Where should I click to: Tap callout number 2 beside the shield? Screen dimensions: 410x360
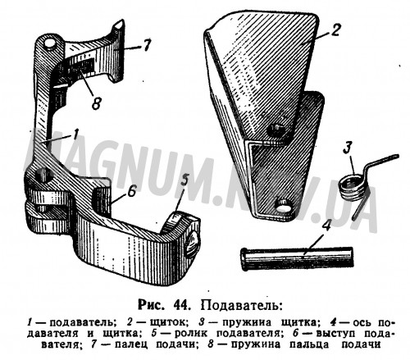pos(335,30)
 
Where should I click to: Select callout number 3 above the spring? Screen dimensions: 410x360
pos(347,148)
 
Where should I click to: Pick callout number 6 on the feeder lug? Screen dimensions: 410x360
pos(131,191)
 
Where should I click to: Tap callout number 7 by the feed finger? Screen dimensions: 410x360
pos(148,45)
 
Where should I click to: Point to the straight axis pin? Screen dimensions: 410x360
pos(297,257)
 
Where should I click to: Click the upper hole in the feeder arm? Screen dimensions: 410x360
pos(51,44)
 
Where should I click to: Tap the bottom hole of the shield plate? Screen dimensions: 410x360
pos(283,204)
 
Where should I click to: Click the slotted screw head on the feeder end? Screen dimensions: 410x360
pos(192,244)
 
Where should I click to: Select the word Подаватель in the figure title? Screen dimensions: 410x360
pos(241,304)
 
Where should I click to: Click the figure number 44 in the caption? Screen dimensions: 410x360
pos(180,304)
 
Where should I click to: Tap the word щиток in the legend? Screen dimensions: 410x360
pos(169,322)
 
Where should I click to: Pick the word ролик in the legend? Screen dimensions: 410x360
pos(190,334)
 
